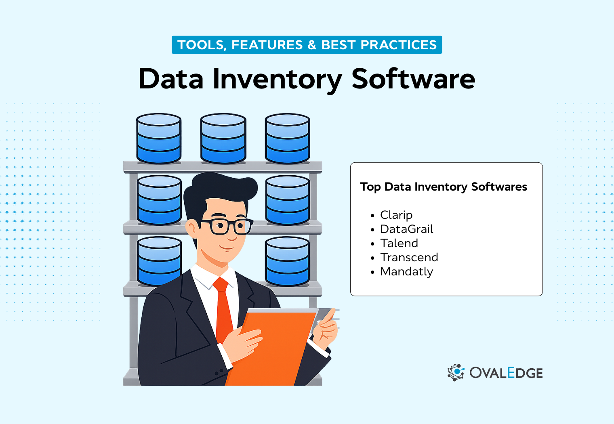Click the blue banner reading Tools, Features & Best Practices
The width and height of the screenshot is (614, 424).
point(307,45)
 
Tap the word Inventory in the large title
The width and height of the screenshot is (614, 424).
point(277,80)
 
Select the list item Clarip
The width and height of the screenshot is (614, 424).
point(396,215)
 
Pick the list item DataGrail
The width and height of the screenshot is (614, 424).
point(406,229)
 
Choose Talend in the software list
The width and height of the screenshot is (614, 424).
point(399,243)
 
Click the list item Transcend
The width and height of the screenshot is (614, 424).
point(409,257)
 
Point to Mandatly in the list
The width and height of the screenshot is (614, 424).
point(406,271)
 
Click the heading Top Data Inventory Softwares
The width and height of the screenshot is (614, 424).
point(443,187)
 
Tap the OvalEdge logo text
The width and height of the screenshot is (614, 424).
point(506,373)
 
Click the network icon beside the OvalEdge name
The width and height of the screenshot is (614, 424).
point(456,372)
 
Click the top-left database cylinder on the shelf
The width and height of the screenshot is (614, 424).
point(159,139)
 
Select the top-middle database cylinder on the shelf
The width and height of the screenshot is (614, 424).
point(223,139)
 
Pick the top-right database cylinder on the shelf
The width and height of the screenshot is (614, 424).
point(287,139)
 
